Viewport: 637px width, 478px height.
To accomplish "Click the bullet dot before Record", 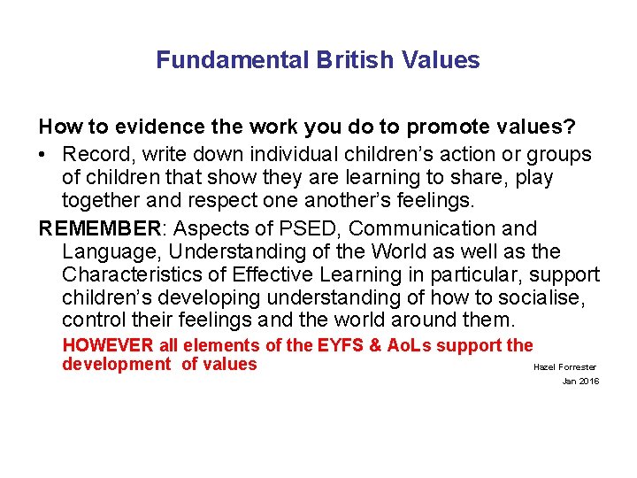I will click(x=44, y=155).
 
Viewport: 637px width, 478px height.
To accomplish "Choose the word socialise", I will click(x=546, y=297).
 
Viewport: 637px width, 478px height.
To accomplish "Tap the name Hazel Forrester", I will click(x=564, y=366).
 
